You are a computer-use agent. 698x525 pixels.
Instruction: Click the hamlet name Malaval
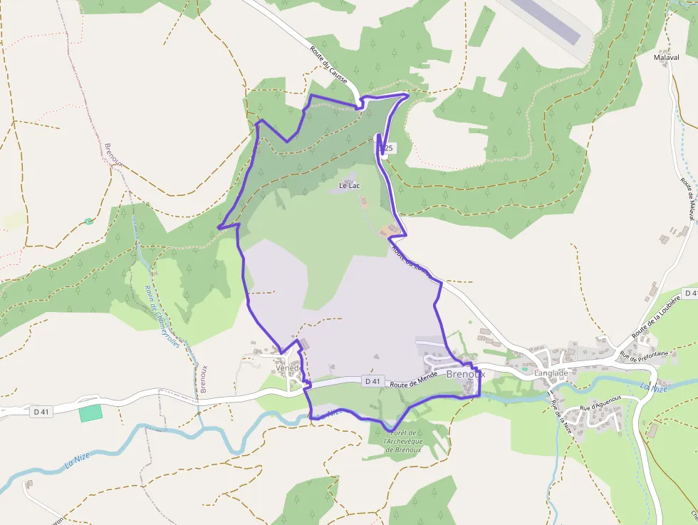(x=666, y=56)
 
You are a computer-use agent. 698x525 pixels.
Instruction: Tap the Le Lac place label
(x=349, y=186)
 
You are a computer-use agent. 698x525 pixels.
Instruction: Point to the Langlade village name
(x=551, y=373)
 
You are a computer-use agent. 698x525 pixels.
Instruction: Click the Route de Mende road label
(x=414, y=384)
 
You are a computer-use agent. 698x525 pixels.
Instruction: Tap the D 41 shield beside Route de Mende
(x=373, y=381)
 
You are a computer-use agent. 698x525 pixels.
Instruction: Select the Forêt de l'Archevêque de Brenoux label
(x=403, y=442)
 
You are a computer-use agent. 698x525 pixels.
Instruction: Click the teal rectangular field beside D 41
(x=90, y=413)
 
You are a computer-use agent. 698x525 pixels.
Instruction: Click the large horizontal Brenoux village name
(x=465, y=373)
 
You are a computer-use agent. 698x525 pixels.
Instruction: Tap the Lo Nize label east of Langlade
(x=654, y=388)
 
